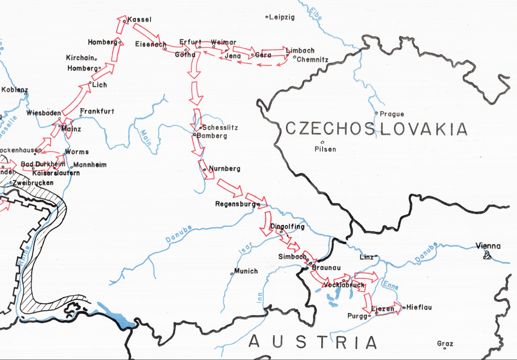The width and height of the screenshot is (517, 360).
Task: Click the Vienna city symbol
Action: (x=488, y=254)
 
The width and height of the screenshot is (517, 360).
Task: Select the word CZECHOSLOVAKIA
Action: (x=376, y=129)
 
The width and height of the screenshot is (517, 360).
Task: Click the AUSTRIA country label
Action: (x=312, y=342)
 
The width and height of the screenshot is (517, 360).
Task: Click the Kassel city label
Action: (x=139, y=20)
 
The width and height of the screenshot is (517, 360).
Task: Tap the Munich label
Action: (x=246, y=271)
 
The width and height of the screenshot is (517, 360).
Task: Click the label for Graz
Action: (x=445, y=344)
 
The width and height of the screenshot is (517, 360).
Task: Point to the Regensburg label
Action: (x=236, y=205)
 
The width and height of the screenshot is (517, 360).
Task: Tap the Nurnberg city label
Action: (x=224, y=169)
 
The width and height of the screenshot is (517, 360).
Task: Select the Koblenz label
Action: (x=14, y=90)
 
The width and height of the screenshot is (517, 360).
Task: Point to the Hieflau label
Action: (x=419, y=307)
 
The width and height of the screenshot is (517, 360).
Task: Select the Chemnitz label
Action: (x=312, y=59)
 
